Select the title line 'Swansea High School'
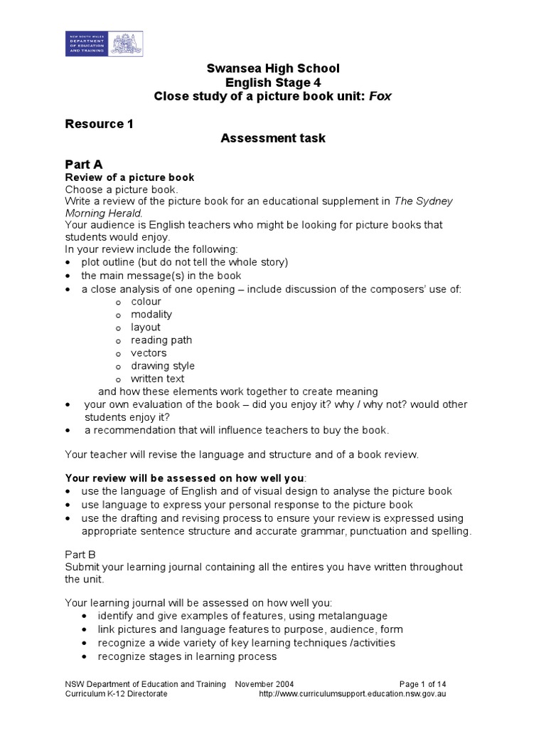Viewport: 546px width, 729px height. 273,68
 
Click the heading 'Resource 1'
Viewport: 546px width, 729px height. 100,124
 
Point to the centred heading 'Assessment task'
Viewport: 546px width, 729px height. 273,138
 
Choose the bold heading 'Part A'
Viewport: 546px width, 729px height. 84,164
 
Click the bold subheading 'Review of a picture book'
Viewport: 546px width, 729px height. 129,177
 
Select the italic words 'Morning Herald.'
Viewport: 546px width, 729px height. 104,212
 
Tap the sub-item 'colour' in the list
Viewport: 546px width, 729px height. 146,301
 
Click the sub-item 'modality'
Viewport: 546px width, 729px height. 151,314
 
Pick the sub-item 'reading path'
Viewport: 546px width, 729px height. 161,340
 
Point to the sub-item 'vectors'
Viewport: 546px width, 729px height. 149,352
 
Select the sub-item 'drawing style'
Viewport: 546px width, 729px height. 162,365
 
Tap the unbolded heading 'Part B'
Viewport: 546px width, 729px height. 80,553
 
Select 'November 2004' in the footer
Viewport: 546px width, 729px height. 264,683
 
